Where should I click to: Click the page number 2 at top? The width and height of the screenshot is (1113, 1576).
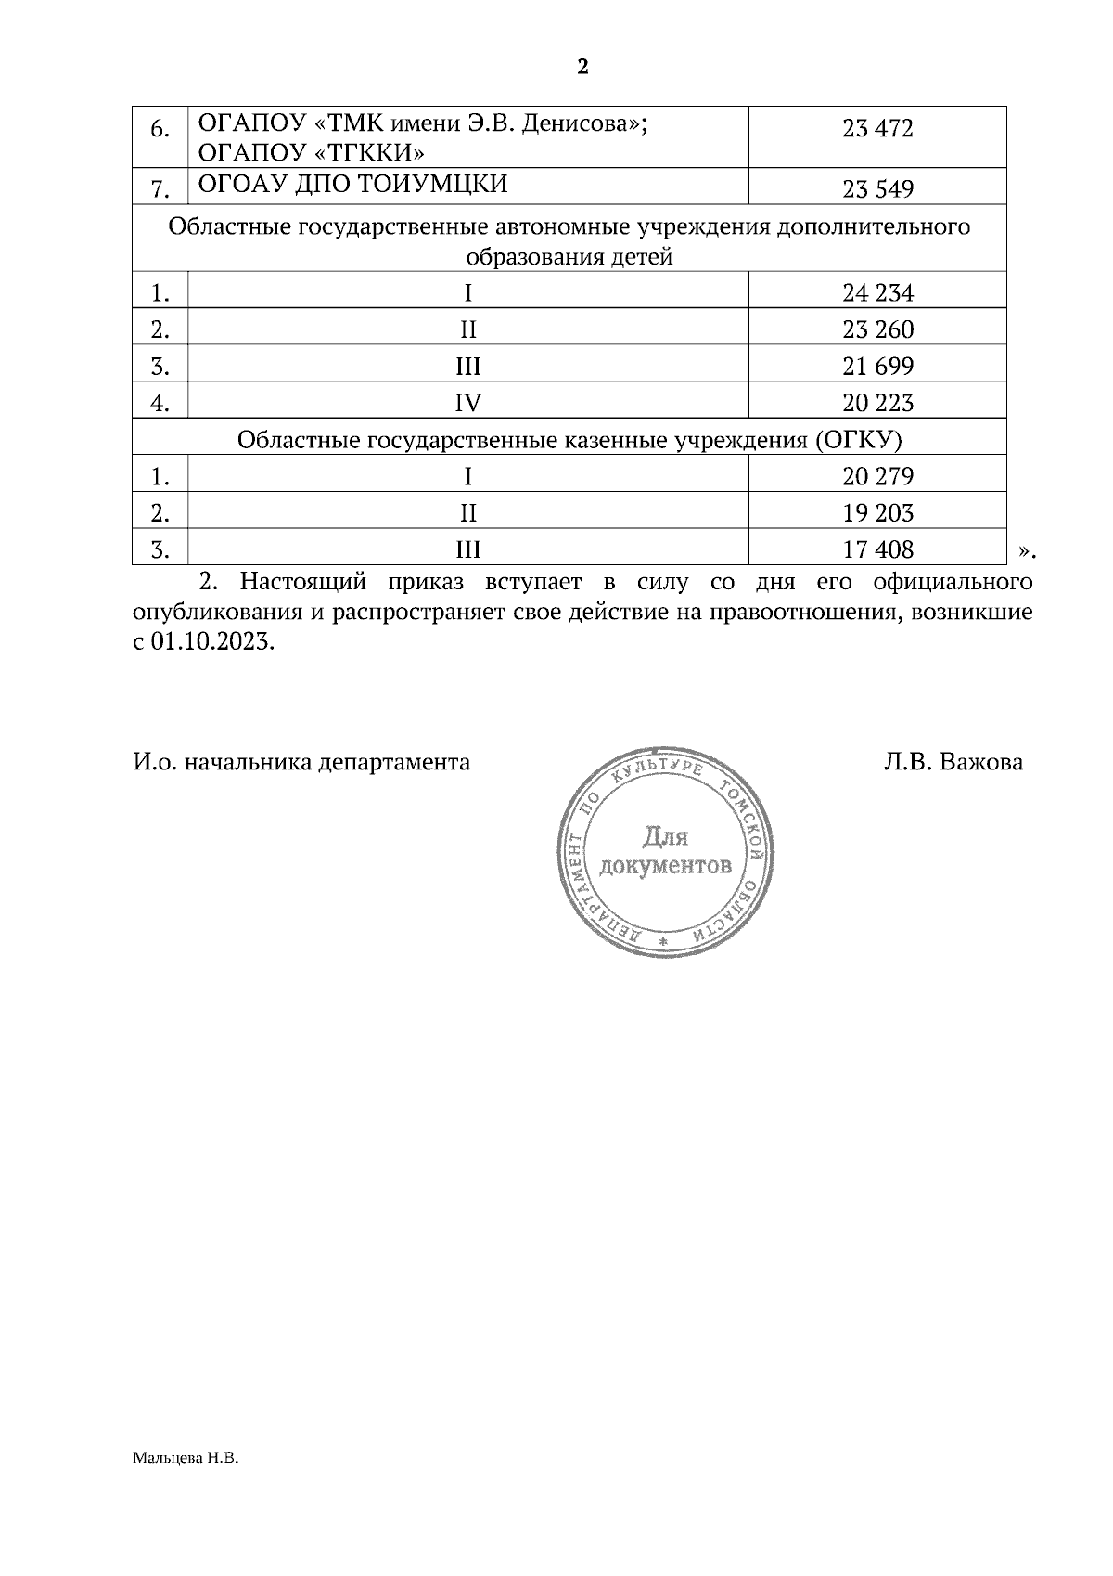(582, 68)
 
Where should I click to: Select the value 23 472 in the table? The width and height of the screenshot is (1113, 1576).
(877, 129)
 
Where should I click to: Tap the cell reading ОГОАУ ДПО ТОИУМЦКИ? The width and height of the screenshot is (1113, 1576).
(353, 184)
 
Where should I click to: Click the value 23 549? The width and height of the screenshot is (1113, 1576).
(877, 190)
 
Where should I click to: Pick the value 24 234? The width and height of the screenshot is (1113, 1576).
(877, 294)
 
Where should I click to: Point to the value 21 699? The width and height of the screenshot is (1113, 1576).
(877, 367)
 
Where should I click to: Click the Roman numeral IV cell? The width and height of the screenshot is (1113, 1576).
(467, 403)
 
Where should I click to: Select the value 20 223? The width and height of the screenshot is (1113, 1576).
(877, 403)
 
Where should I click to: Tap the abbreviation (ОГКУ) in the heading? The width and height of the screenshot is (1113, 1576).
(859, 439)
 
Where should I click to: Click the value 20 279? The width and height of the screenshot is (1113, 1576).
(877, 477)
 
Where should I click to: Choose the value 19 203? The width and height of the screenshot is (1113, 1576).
(877, 513)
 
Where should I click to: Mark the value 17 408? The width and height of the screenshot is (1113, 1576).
(877, 550)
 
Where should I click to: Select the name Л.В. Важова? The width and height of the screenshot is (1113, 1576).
(953, 762)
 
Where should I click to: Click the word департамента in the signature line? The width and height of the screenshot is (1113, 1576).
(393, 763)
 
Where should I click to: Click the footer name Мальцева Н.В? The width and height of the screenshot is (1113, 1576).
(185, 1459)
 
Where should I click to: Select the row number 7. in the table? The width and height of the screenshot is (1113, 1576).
(160, 190)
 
